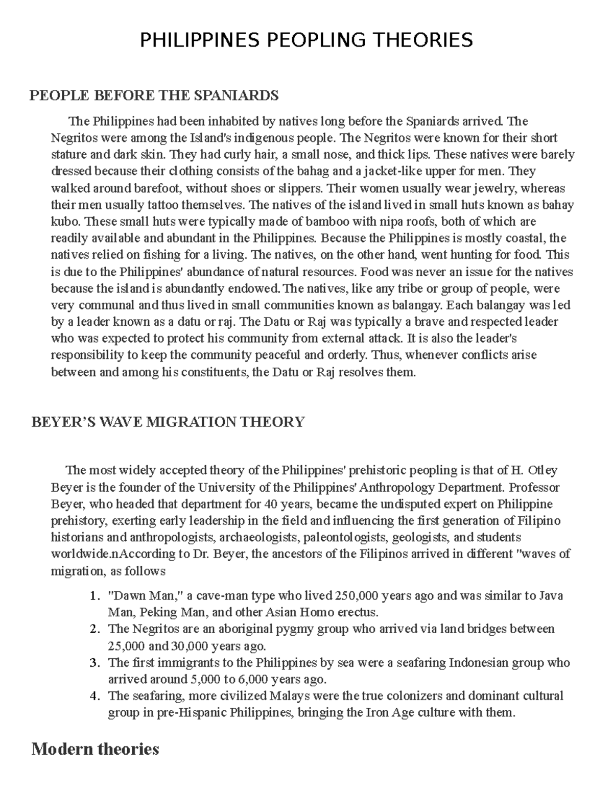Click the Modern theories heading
click(x=95, y=749)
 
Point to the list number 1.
click(x=92, y=596)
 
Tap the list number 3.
click(x=92, y=663)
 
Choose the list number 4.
click(x=92, y=696)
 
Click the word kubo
click(x=65, y=222)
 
